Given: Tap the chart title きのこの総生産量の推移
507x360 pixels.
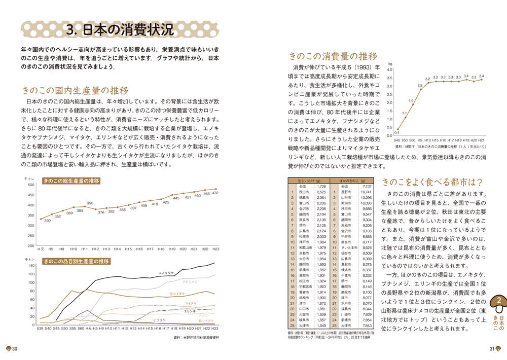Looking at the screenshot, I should tap(71, 181).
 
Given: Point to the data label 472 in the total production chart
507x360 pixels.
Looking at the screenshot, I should tap(215, 193).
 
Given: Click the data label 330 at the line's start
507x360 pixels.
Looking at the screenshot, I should tap(47, 221).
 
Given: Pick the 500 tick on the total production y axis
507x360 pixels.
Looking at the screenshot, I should tap(31, 185).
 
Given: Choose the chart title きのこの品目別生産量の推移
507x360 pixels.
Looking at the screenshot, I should tap(76, 261).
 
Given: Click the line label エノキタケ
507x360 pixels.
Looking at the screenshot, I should tap(167, 273).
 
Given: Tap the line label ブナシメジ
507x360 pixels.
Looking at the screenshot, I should tap(189, 281).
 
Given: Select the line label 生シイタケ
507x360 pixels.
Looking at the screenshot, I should tap(177, 294).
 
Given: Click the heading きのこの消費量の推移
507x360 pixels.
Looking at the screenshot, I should tap(333, 56).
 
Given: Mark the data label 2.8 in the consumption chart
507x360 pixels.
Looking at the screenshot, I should tap(420, 86).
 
